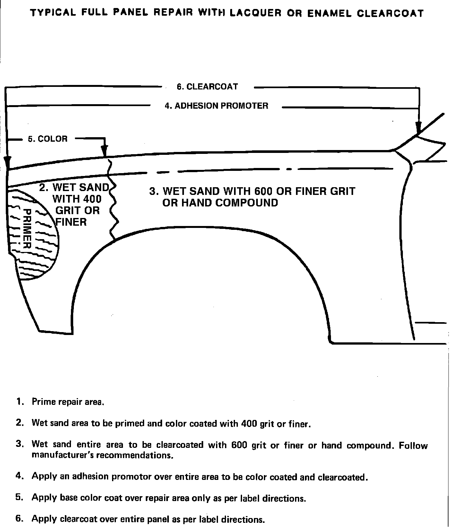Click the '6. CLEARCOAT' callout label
207,87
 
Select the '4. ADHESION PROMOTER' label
216,106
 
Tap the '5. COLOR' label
48,139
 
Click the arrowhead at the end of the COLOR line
105,150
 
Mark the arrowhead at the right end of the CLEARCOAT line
418,127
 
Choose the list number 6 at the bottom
20,519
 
